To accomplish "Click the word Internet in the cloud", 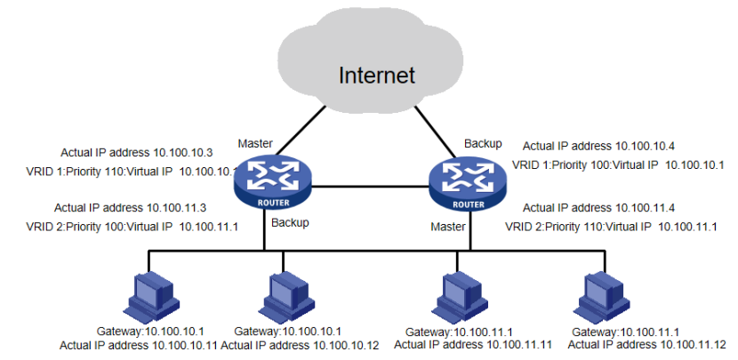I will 376,75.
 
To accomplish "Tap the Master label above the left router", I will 254,143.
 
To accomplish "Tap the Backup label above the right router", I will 483,142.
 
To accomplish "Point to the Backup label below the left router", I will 290,222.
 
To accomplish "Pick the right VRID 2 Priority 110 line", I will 611,227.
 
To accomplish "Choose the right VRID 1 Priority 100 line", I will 618,164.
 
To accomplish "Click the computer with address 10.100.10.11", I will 144,292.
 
